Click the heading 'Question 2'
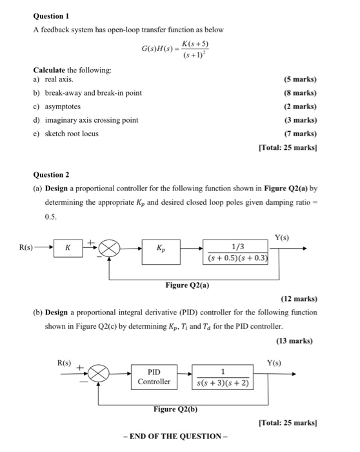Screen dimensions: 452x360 point(52,174)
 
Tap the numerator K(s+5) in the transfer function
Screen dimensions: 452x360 point(194,43)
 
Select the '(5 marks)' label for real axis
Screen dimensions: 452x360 point(300,80)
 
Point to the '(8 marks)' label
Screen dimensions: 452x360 point(300,93)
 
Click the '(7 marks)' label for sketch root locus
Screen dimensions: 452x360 point(300,133)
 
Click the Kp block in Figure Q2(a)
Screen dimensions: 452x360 point(160,247)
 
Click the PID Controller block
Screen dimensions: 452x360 point(154,376)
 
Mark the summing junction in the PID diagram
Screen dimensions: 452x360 point(100,373)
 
